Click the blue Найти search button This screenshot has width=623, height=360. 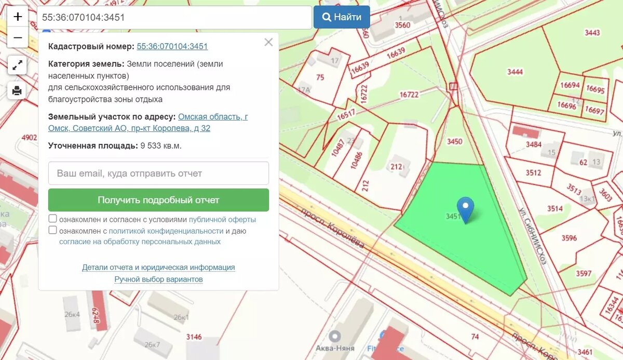342,17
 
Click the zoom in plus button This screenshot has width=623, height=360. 18,17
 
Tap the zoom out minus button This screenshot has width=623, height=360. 18,37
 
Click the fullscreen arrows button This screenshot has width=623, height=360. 17,65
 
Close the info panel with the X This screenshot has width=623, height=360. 268,43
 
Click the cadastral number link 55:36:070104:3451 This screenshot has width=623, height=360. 172,46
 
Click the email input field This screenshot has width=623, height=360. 158,173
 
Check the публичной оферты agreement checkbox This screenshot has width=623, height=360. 53,219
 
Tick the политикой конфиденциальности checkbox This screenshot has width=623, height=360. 53,230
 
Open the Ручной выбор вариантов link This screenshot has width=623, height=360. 158,279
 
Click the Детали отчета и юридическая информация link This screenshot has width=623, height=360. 158,268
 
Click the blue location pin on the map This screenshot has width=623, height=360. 465,209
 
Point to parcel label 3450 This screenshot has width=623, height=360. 454,141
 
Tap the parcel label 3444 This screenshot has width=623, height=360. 515,72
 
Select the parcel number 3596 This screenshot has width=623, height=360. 569,238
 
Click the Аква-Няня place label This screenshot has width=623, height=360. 335,348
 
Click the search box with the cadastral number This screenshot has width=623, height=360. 174,17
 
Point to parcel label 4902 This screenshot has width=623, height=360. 30,138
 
